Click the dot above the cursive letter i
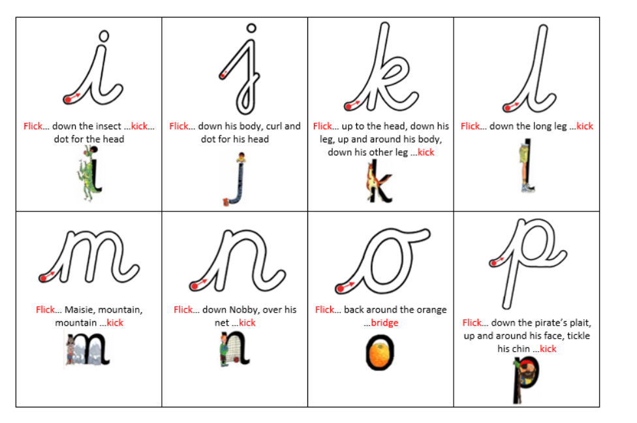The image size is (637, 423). coord(104,36)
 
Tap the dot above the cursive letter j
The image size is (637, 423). coord(251,28)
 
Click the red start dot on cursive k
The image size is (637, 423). coord(348,107)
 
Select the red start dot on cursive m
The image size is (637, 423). coord(42,278)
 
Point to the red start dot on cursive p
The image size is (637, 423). coord(494,263)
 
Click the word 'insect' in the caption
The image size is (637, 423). coord(106,126)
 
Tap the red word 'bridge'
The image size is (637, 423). coord(384,322)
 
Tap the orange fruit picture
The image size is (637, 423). coord(381,352)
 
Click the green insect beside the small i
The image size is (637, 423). coord(87,174)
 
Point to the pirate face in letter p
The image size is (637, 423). coord(529,376)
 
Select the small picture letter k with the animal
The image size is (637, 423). coord(380,181)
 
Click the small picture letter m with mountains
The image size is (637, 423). coord(87,349)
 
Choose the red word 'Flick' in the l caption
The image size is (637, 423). coord(470,126)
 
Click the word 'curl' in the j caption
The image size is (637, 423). coord(277,126)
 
